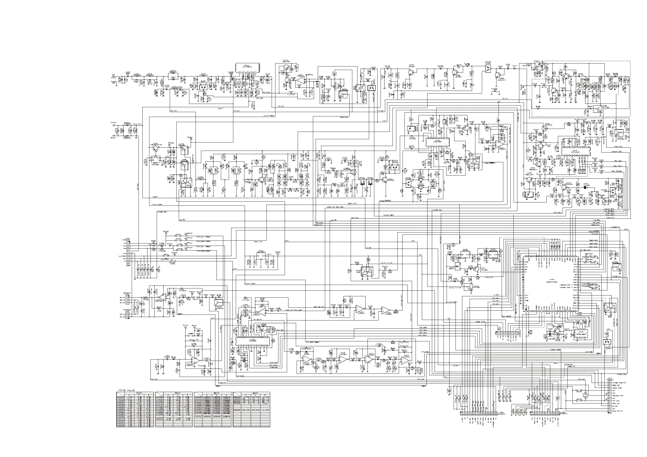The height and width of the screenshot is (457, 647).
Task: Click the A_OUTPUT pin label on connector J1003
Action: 123,256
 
